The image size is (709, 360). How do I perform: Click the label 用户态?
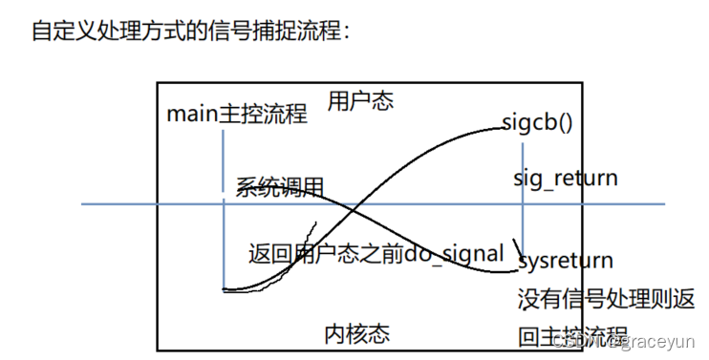360,100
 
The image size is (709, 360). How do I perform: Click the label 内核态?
356,333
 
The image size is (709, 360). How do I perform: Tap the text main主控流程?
237,115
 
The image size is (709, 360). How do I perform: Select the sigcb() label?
536,123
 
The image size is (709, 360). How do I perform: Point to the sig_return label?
565,178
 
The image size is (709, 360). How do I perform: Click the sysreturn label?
565,260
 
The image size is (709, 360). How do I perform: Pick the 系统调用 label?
280,187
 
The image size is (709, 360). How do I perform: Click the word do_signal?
453,254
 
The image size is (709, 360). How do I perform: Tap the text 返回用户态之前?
325,254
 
